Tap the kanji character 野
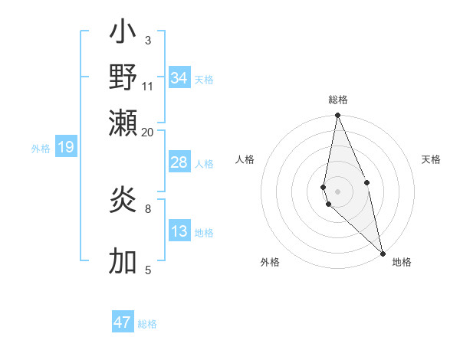pyautogui.click(x=123, y=77)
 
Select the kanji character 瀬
pyautogui.click(x=123, y=123)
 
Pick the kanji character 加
pyautogui.click(x=123, y=261)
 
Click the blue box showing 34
pyautogui.click(x=179, y=78)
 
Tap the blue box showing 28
pyautogui.click(x=179, y=162)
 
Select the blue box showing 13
pyautogui.click(x=179, y=231)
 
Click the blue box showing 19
pyautogui.click(x=66, y=148)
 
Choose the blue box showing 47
pyautogui.click(x=123, y=322)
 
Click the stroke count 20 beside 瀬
pyautogui.click(x=147, y=132)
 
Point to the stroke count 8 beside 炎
pyautogui.click(x=148, y=208)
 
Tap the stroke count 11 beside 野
pyautogui.click(x=148, y=85)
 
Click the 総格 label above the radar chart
pyautogui.click(x=338, y=100)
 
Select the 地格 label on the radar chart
pyautogui.click(x=402, y=262)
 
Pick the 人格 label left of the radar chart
pyautogui.click(x=245, y=159)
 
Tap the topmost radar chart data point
pyautogui.click(x=337, y=116)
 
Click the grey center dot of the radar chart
pyautogui.click(x=337, y=191)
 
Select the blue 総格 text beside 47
pyautogui.click(x=147, y=324)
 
